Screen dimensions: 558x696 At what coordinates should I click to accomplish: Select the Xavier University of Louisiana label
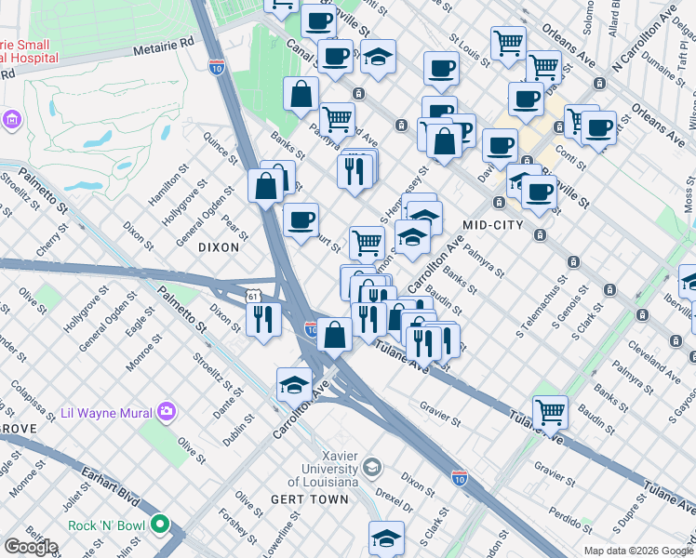[x=326, y=469]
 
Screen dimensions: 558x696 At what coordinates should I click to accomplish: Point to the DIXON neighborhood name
[x=219, y=247]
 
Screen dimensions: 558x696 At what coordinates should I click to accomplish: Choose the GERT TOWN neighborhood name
[x=310, y=499]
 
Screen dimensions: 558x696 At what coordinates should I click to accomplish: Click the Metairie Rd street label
[x=162, y=42]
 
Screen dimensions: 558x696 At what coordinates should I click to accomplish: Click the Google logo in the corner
[x=31, y=546]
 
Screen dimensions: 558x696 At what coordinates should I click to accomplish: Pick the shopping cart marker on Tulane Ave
[x=550, y=410]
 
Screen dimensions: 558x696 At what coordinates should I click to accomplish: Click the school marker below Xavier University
[x=386, y=537]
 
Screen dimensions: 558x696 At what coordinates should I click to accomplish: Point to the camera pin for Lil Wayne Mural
[x=166, y=410]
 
